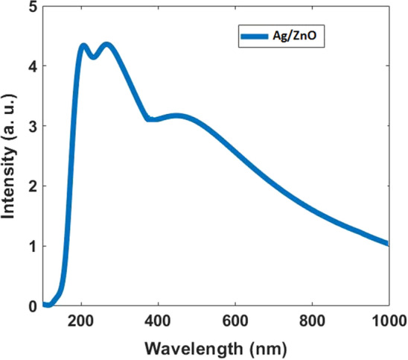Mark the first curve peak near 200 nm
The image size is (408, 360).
coord(83,46)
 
